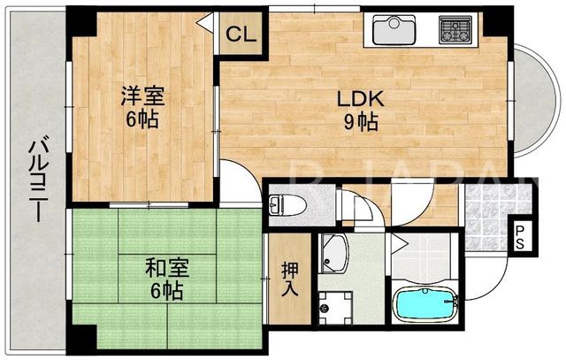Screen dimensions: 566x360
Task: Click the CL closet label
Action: (241, 34)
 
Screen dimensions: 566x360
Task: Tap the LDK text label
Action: (360, 98)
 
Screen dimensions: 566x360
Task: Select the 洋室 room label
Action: (142, 96)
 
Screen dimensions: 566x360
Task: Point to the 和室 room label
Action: (167, 268)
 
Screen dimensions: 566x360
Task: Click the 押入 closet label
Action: (290, 279)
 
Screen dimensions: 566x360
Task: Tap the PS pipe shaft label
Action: (519, 237)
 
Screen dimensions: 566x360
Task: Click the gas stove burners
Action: (455, 30)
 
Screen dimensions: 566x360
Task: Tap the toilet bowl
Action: (287, 206)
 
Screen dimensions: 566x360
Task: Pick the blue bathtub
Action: (425, 303)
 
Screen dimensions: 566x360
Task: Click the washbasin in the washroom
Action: (334, 254)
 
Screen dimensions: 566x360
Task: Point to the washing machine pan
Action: (335, 308)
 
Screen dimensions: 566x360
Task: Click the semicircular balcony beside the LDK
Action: (533, 102)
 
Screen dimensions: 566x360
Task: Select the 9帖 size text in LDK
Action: (361, 122)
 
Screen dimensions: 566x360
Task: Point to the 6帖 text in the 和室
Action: (166, 290)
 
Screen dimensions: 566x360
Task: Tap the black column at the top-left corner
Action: (81, 21)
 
